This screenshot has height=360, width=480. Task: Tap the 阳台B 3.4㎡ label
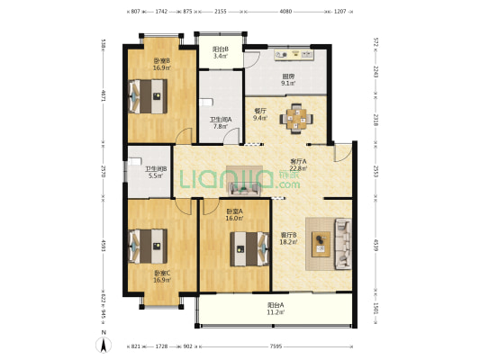tap(220, 52)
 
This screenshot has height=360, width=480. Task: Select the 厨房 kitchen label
tap(288, 80)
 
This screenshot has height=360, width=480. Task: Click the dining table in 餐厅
tap(295, 116)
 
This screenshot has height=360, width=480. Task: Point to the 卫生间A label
tap(221, 123)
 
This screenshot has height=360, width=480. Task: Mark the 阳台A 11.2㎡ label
tap(276, 309)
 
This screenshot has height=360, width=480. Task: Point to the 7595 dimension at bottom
tap(276, 346)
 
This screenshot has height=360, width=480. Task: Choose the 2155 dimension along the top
tap(221, 12)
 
